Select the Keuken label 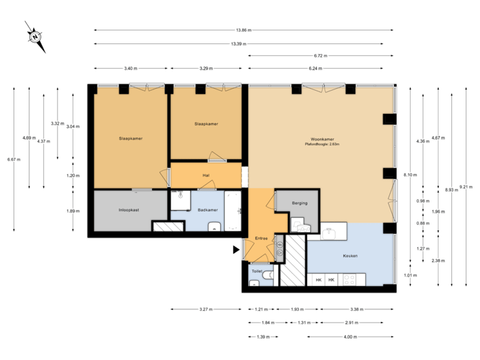coord(351,256)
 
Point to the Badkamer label coord(208,210)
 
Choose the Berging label coord(299,203)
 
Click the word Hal coord(206,176)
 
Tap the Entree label coord(261,238)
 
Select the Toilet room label coord(257,271)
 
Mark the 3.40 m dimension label coord(131,68)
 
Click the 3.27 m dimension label coord(206,309)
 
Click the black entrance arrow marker coord(235,250)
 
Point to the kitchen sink coord(331,233)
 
